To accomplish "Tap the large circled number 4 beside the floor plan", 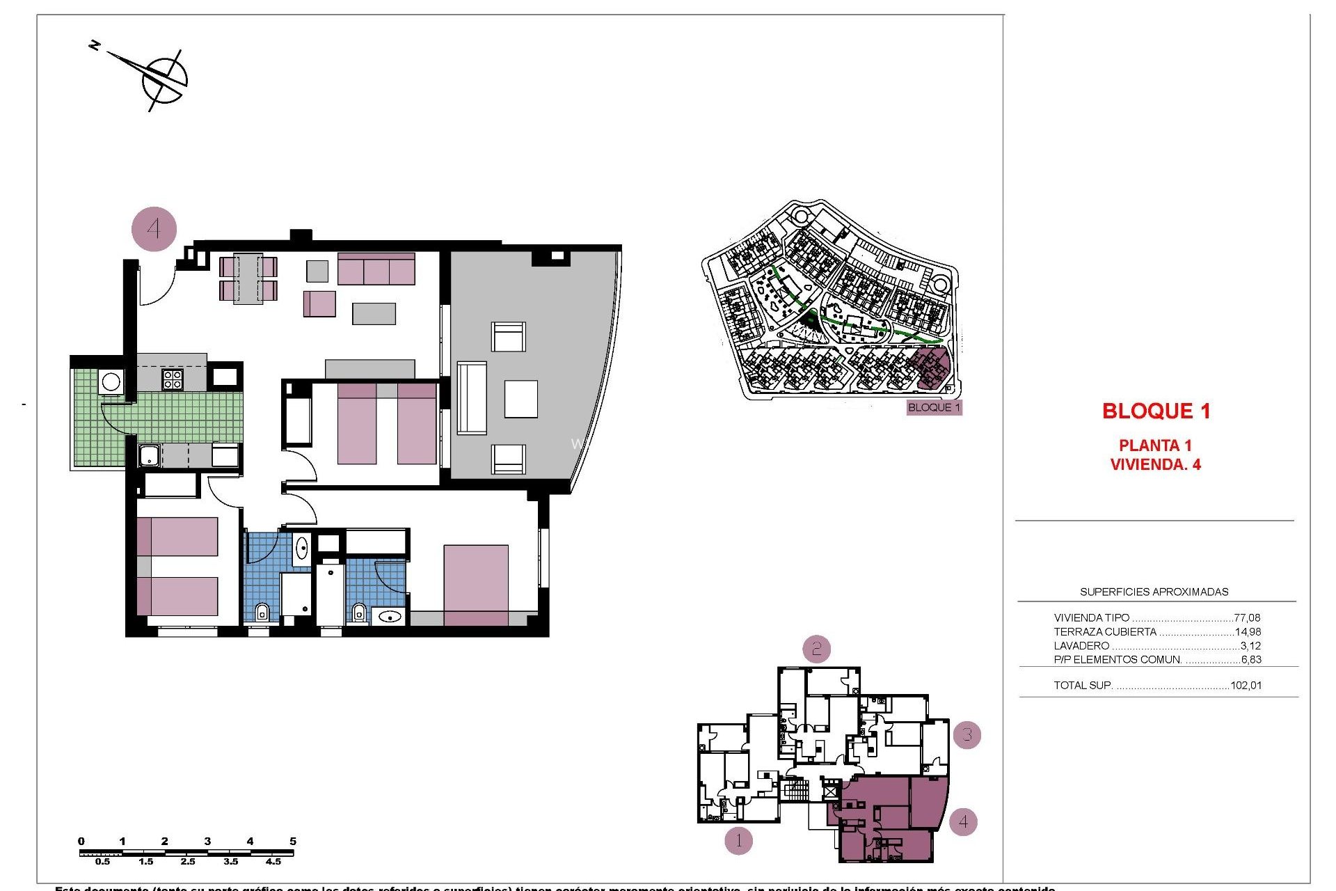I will point(154,228).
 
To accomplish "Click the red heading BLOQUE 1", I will point(1156,411).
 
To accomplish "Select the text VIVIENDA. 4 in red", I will point(1155,464).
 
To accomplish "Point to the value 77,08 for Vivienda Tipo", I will point(1246,617).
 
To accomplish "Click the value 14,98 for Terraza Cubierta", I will point(1247,632).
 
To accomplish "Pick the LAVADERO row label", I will point(1081,646).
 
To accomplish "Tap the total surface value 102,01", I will point(1246,685).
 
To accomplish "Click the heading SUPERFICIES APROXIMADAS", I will point(1154,592).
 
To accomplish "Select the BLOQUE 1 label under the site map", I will point(934,407).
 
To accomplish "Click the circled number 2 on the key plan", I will point(816,649).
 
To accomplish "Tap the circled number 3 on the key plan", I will point(967,734).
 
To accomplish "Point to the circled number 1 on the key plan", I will point(738,841).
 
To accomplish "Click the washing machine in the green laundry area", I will point(111,381).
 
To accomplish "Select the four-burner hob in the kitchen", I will point(173,379).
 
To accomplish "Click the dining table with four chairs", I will point(248,278).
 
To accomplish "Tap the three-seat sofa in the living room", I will point(376,269).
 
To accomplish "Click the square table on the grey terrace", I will point(520,398).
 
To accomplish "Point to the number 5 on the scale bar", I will point(293,841).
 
